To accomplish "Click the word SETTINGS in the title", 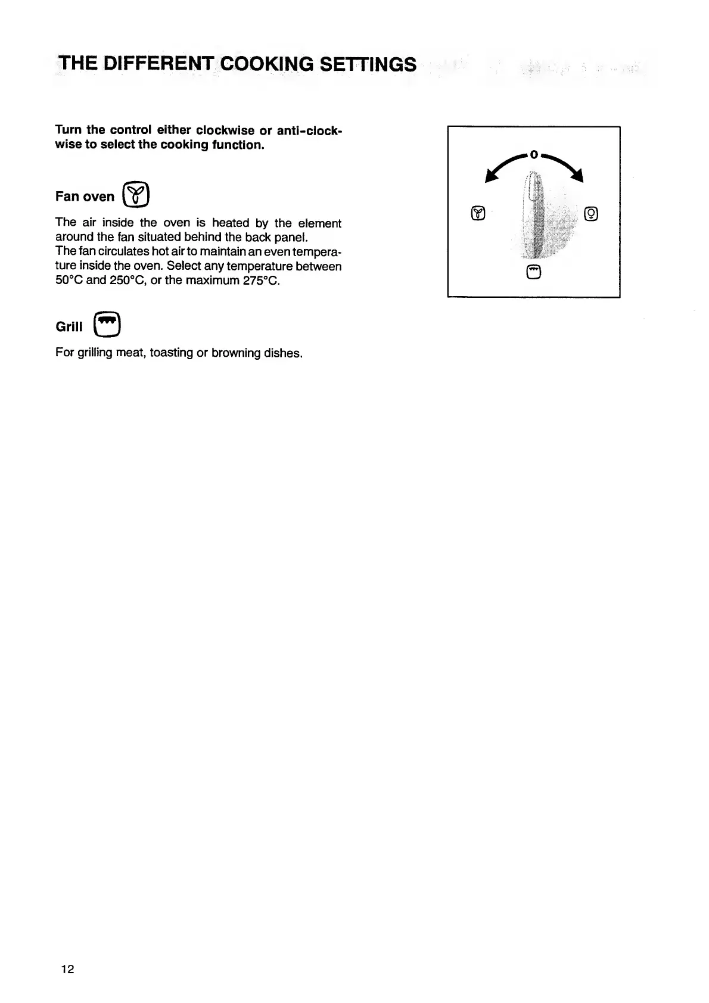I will [x=368, y=64].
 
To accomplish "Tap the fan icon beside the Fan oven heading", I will [x=136, y=195].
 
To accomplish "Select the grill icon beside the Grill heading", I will [x=107, y=325].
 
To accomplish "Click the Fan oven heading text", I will [x=85, y=197].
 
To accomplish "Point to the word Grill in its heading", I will [x=69, y=326].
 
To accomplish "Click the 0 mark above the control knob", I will [x=534, y=155].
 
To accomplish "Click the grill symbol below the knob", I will [x=534, y=272].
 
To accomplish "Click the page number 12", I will [x=67, y=969].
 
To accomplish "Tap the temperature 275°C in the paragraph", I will [x=261, y=280].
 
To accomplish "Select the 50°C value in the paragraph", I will [x=69, y=280].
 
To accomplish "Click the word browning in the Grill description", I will [x=236, y=353].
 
